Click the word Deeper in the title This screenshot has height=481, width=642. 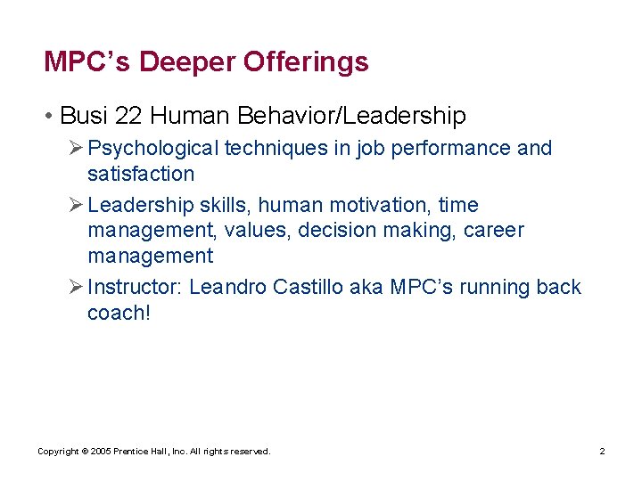187,62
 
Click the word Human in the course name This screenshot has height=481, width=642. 188,116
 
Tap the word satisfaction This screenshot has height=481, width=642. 141,174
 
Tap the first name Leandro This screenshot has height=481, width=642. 228,288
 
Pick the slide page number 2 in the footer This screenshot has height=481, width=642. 602,452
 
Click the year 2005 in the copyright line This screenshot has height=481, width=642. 101,452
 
